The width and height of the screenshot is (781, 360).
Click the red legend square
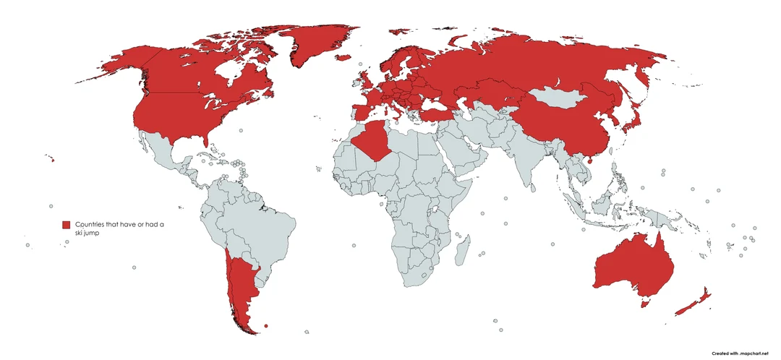pos(66,225)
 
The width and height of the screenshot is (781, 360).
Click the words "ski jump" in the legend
pos(88,233)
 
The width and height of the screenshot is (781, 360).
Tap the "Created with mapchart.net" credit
pos(738,353)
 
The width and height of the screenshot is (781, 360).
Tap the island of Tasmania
pos(646,302)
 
